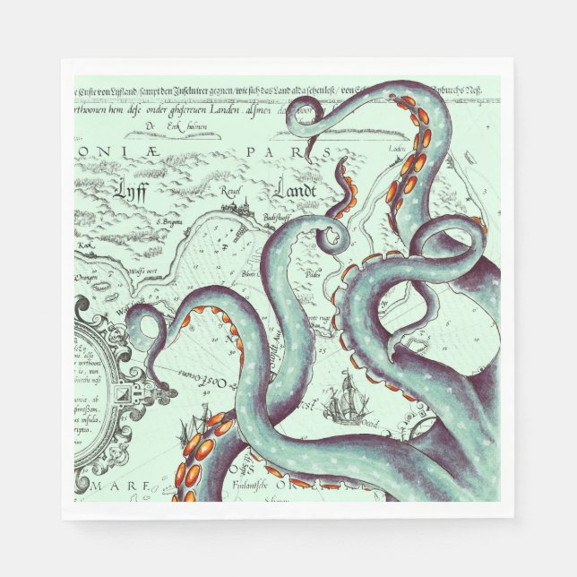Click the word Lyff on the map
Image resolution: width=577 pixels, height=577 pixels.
pyautogui.click(x=132, y=190)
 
